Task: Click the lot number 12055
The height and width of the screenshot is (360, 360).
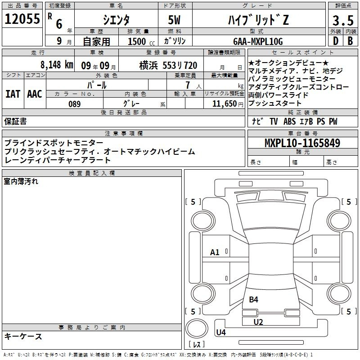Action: click(22, 19)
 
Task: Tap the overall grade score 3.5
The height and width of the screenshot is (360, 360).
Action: click(343, 21)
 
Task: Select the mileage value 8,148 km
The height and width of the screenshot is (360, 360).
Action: click(57, 65)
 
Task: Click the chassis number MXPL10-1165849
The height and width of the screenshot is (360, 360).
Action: click(302, 143)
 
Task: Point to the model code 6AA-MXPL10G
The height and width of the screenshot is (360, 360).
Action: click(258, 41)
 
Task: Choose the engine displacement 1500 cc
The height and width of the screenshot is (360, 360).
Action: click(141, 41)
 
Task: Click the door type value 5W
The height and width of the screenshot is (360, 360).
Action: click(174, 20)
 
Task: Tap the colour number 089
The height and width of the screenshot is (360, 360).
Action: click(75, 104)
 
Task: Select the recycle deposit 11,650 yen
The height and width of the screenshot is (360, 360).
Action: click(228, 104)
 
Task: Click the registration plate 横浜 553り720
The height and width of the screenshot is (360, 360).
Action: click(168, 65)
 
